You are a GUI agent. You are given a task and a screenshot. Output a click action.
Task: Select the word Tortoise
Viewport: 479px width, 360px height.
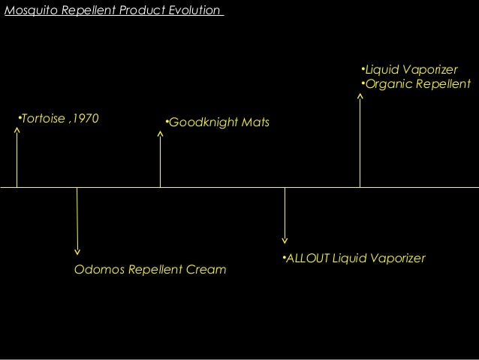pos(42,118)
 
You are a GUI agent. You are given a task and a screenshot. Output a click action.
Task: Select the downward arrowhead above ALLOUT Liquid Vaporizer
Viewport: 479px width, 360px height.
pos(285,241)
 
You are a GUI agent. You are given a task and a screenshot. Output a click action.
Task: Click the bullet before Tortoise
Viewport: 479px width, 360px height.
pos(20,118)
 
